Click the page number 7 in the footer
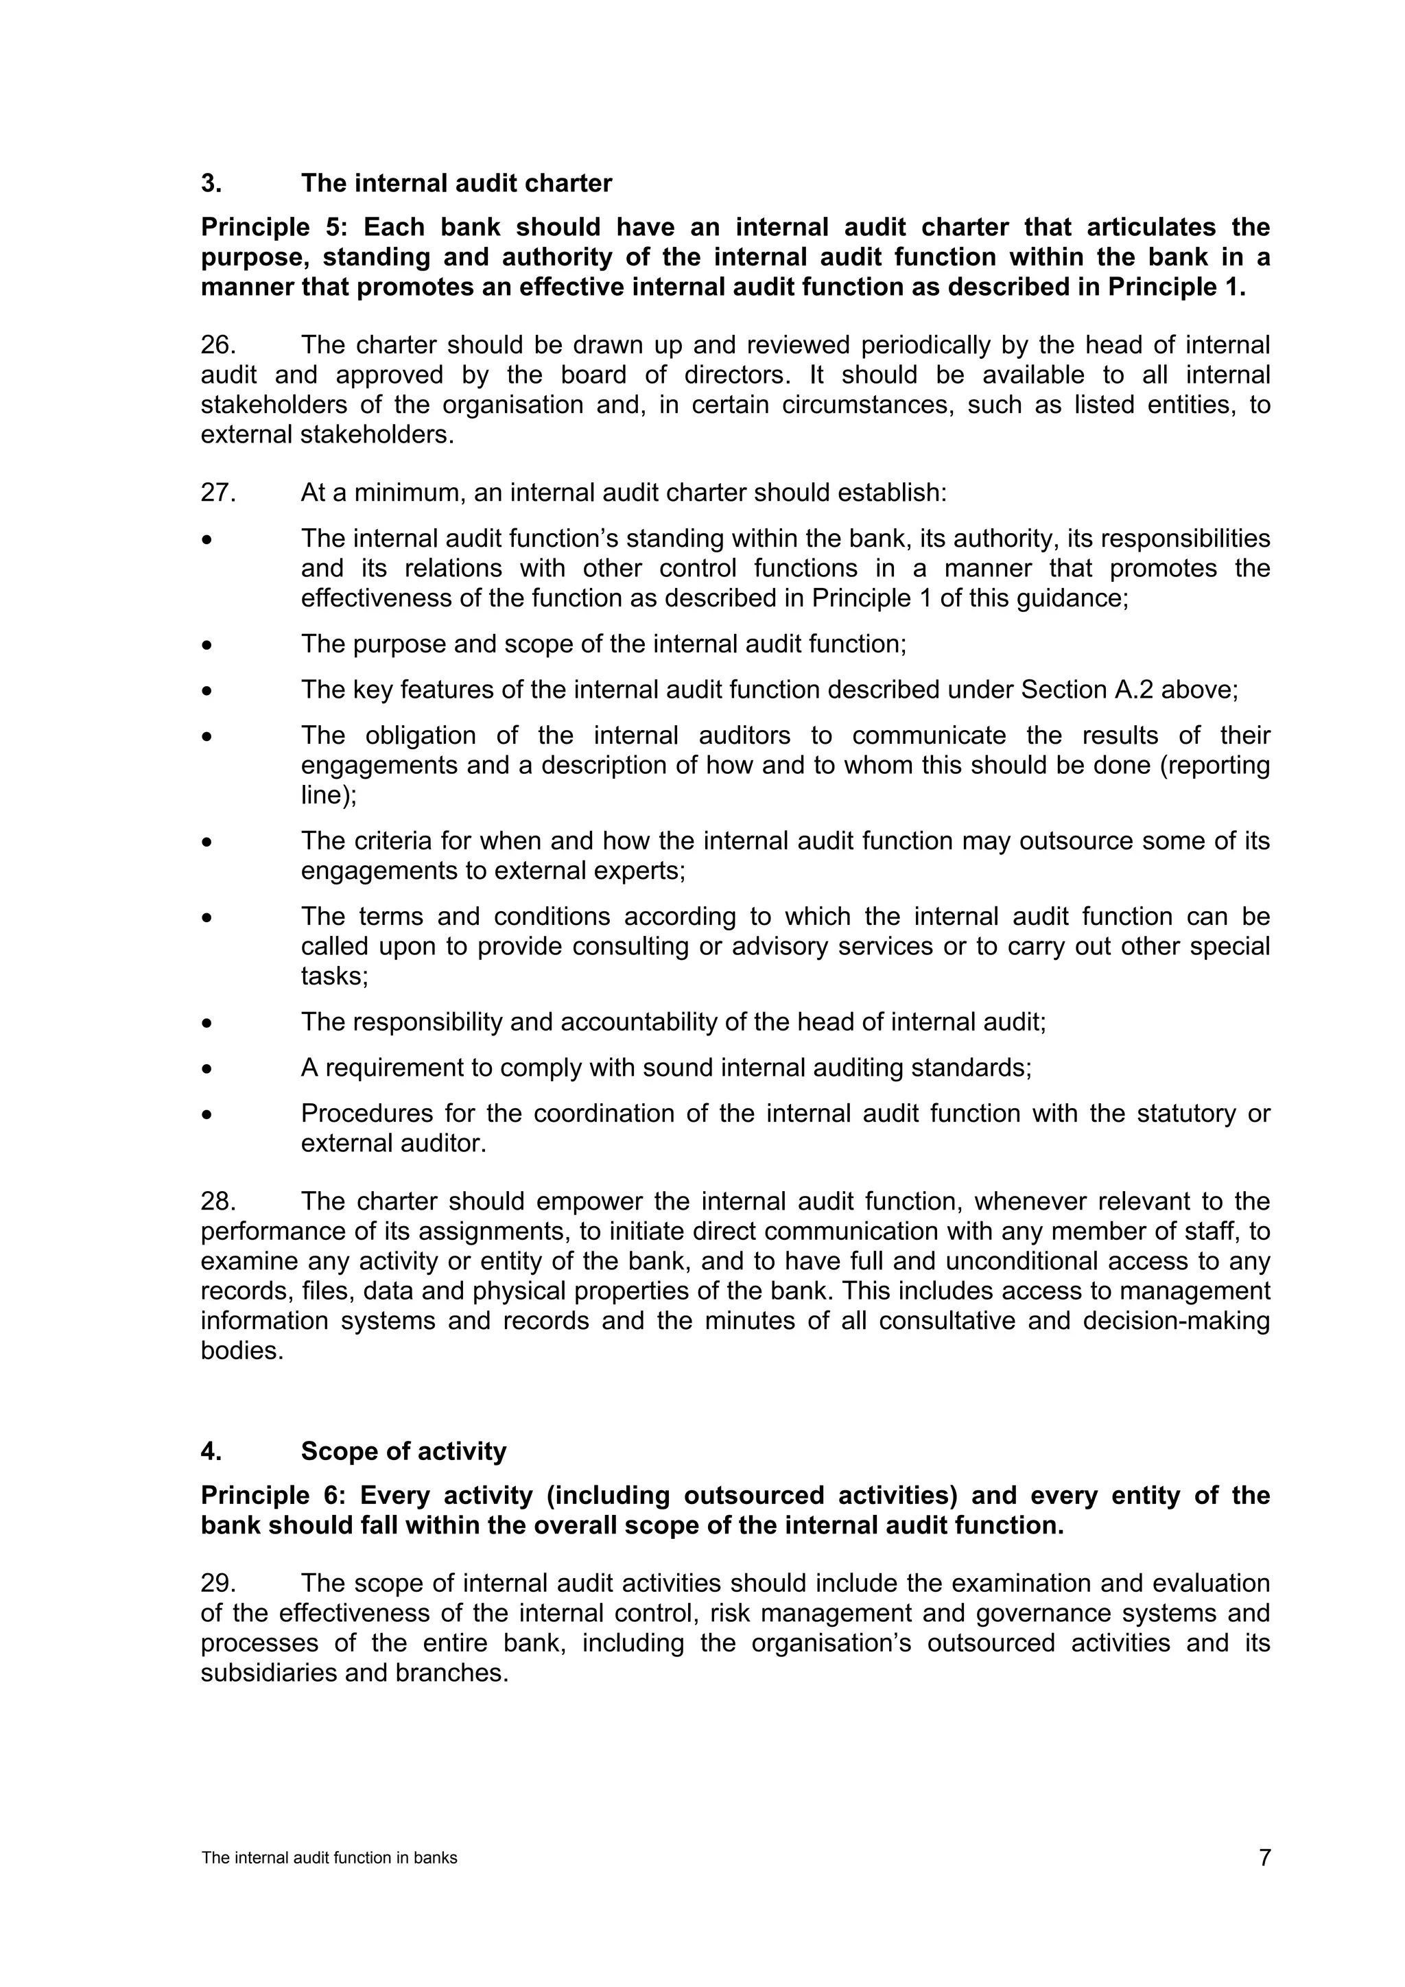pos(1264,1857)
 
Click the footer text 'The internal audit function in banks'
pos(329,1858)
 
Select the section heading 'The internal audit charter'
pos(456,183)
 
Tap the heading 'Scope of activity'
pos(403,1451)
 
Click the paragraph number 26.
pos(218,345)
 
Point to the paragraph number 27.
pos(218,493)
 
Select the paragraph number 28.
pos(218,1202)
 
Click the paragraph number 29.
pos(218,1584)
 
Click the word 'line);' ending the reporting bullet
pos(328,795)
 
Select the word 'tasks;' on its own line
pos(334,976)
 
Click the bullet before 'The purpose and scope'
pos(206,646)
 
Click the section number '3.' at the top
pos(211,183)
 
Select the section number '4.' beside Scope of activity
pos(211,1451)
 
